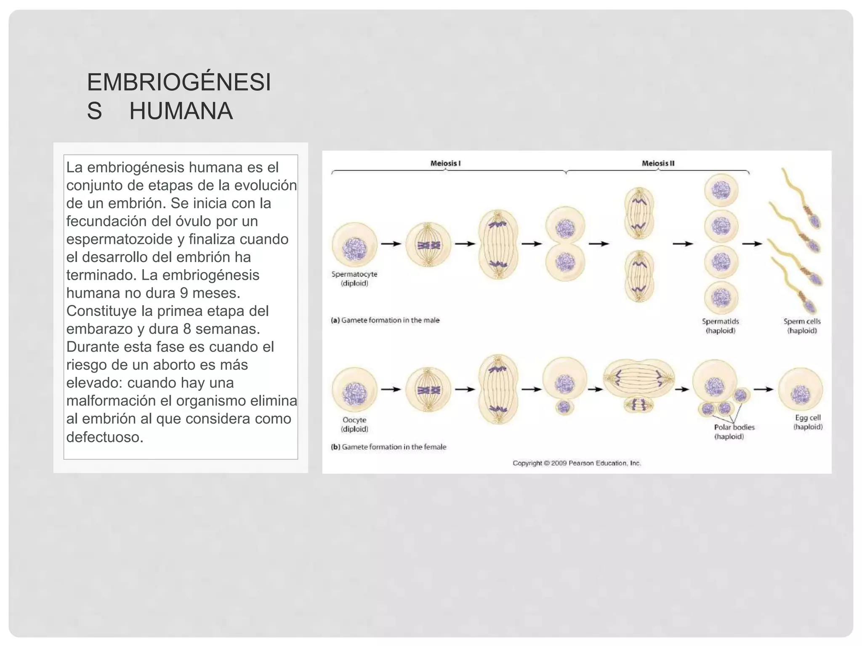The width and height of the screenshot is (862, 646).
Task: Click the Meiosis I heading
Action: click(x=445, y=163)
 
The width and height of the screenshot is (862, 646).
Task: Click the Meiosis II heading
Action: click(x=658, y=163)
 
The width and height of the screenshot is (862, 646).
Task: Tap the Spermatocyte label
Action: click(x=354, y=274)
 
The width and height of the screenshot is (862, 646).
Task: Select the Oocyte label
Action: click(x=354, y=420)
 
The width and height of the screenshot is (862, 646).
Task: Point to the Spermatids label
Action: click(x=721, y=321)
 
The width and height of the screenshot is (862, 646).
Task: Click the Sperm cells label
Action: click(x=802, y=321)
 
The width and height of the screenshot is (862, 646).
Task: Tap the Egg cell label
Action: click(x=808, y=418)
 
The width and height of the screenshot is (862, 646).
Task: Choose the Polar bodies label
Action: click(x=734, y=427)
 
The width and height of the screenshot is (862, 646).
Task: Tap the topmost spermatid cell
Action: click(x=721, y=191)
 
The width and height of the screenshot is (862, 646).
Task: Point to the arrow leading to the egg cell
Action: click(x=764, y=389)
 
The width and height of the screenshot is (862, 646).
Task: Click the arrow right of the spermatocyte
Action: click(x=391, y=244)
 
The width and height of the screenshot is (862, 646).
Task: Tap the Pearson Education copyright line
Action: click(x=577, y=463)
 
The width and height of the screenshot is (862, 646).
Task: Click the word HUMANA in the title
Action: click(x=181, y=111)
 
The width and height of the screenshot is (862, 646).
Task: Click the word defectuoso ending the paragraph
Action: click(x=105, y=437)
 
